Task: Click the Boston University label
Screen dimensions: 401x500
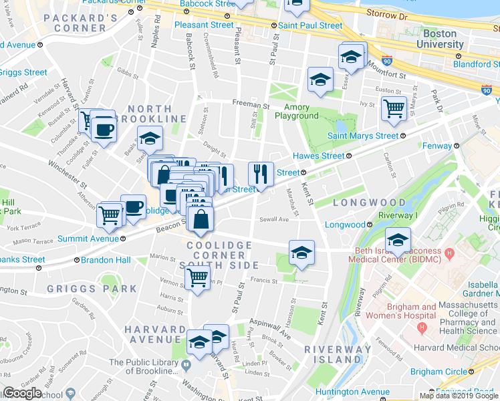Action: (x=434, y=39)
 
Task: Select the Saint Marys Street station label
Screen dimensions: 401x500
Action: (x=363, y=136)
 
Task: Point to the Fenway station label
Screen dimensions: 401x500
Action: (x=438, y=145)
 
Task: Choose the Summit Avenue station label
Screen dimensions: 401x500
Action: (x=88, y=239)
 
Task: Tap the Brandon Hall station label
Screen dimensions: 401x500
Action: (x=106, y=260)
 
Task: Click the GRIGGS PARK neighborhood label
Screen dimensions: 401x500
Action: (x=92, y=289)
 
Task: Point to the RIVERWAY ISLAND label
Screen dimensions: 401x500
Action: (x=338, y=354)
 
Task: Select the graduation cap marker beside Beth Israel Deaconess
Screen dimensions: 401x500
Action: (x=397, y=239)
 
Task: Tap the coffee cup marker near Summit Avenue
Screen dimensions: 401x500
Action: (x=132, y=206)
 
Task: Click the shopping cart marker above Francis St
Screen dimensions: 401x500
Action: (x=197, y=277)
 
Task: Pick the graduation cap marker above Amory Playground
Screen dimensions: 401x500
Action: (x=320, y=79)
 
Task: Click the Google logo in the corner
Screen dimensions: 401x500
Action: (x=22, y=393)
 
